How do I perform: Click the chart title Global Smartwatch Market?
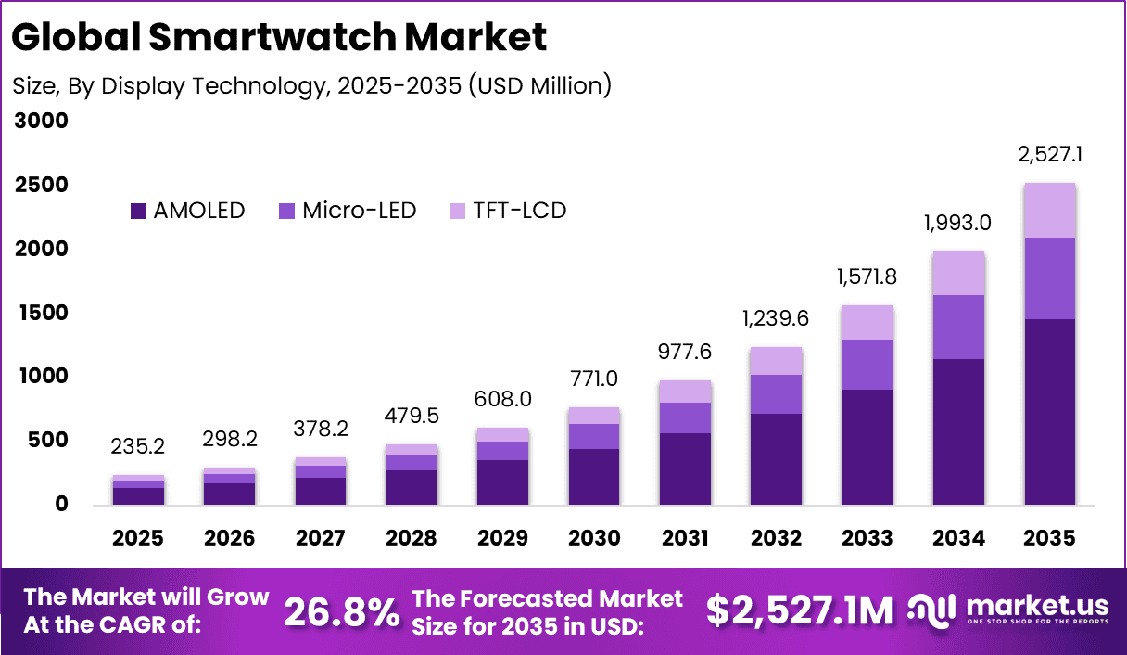tap(280, 37)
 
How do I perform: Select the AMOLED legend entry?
tap(188, 211)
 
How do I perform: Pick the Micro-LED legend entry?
tap(347, 211)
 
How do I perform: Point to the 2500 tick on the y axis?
tap(43, 186)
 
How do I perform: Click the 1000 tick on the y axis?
tap(43, 377)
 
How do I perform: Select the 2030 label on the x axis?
tap(593, 539)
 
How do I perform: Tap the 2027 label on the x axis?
tap(321, 539)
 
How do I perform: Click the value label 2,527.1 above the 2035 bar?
tap(1050, 155)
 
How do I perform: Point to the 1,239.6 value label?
tap(776, 318)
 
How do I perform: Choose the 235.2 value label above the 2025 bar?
tap(139, 446)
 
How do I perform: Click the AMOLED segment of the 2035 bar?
tap(1049, 412)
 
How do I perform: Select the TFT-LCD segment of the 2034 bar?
tap(958, 274)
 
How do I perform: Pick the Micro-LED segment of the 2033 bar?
tap(867, 365)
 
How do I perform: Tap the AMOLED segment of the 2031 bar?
tap(685, 469)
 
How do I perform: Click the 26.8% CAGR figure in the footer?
tap(342, 611)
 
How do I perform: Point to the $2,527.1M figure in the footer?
tap(800, 611)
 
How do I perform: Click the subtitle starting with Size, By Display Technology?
tap(311, 85)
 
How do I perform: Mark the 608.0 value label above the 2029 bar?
tap(503, 399)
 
